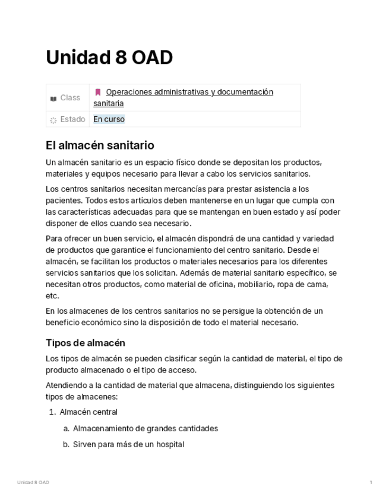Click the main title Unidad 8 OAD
pyautogui.click(x=109, y=58)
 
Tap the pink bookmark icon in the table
pyautogui.click(x=98, y=92)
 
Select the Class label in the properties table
pyautogui.click(x=70, y=98)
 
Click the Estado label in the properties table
pyautogui.click(x=72, y=119)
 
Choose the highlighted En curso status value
pyautogui.click(x=109, y=119)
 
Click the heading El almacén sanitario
pyautogui.click(x=100, y=145)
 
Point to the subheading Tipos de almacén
pyautogui.click(x=86, y=343)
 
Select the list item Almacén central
pyautogui.click(x=88, y=412)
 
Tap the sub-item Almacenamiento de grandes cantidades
pyautogui.click(x=146, y=428)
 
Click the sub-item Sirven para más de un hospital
pyautogui.click(x=128, y=444)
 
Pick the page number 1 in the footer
pyautogui.click(x=371, y=482)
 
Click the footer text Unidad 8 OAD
pyautogui.click(x=33, y=482)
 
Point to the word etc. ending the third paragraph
pyautogui.click(x=52, y=295)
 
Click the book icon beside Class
pyautogui.click(x=53, y=98)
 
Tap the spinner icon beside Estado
pyautogui.click(x=53, y=120)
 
